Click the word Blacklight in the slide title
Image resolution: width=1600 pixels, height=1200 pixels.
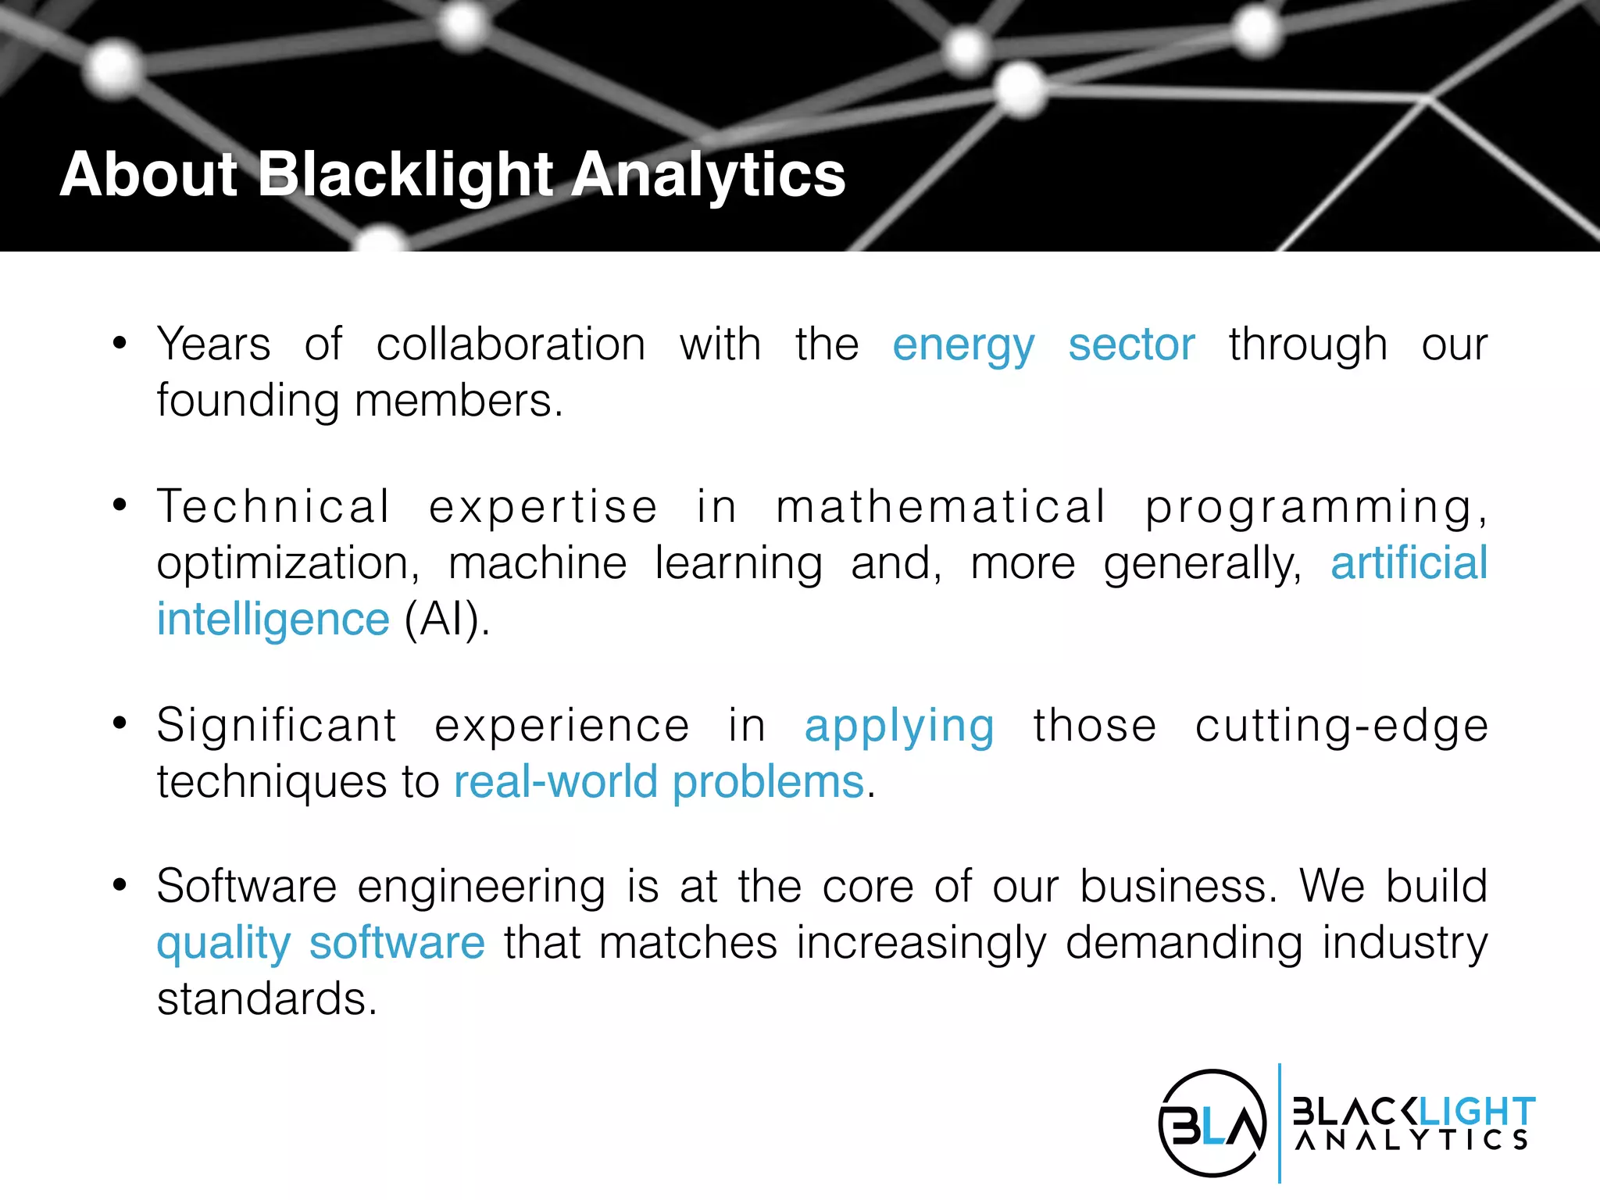pyautogui.click(x=405, y=174)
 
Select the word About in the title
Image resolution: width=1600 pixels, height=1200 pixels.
pyautogui.click(x=148, y=174)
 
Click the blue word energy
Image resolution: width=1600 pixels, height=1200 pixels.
pyautogui.click(x=963, y=345)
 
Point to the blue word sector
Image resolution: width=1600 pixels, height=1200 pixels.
pyautogui.click(x=1131, y=345)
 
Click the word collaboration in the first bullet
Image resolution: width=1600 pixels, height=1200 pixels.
pyautogui.click(x=511, y=345)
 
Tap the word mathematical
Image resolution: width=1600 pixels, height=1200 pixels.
pyautogui.click(x=941, y=507)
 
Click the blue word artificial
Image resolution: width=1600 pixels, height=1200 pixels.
pyautogui.click(x=1409, y=563)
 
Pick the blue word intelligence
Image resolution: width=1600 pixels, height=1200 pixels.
pyautogui.click(x=273, y=620)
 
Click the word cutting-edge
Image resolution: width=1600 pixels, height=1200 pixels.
pyautogui.click(x=1341, y=726)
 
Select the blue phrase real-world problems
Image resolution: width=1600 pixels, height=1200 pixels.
pyautogui.click(x=659, y=782)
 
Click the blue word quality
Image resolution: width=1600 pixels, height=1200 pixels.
pyautogui.click(x=223, y=944)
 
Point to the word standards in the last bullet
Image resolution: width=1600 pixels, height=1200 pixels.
pyautogui.click(x=266, y=999)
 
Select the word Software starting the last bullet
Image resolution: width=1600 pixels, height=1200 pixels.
pyautogui.click(x=246, y=887)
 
